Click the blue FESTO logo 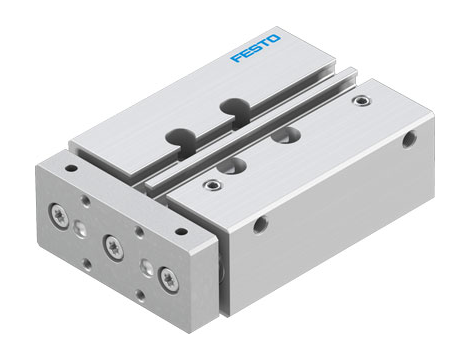[x=255, y=48]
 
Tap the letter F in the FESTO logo [x=235, y=58]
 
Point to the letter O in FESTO [x=275, y=38]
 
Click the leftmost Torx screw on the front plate [x=58, y=212]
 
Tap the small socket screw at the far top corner [x=359, y=101]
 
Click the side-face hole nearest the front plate [x=260, y=226]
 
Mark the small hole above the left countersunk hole [x=87, y=202]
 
